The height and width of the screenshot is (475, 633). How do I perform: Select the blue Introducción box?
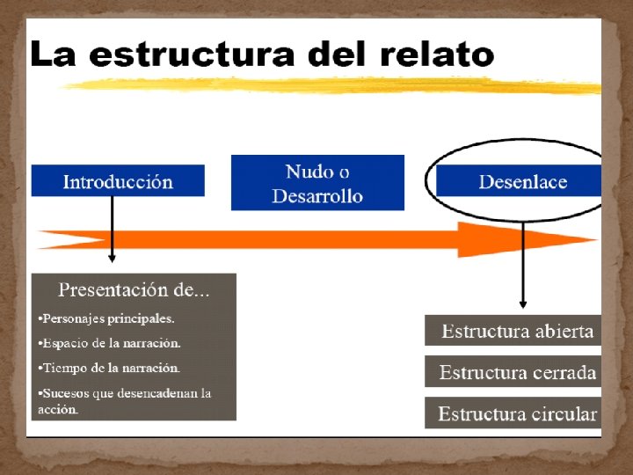pyautogui.click(x=118, y=181)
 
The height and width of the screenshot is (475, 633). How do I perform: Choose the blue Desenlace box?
pyautogui.click(x=522, y=182)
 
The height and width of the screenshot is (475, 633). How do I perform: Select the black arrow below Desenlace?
pyautogui.click(x=522, y=264)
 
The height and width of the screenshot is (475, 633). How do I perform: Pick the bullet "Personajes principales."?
pyautogui.click(x=106, y=318)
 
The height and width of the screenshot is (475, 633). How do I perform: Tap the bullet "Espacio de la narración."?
pyautogui.click(x=110, y=343)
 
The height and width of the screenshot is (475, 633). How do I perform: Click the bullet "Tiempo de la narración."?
pyautogui.click(x=109, y=368)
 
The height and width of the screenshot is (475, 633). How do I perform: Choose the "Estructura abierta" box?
pyautogui.click(x=517, y=332)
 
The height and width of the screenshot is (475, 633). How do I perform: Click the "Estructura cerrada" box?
pyautogui.click(x=517, y=373)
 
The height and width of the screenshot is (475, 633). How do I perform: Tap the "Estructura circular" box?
pyautogui.click(x=517, y=413)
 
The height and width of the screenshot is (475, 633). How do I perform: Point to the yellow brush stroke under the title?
pyautogui.click(x=334, y=84)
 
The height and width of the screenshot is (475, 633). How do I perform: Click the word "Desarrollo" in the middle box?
pyautogui.click(x=317, y=196)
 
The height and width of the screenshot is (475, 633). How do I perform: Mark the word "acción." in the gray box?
pyautogui.click(x=58, y=410)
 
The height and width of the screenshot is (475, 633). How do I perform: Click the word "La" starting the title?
pyautogui.click(x=52, y=55)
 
